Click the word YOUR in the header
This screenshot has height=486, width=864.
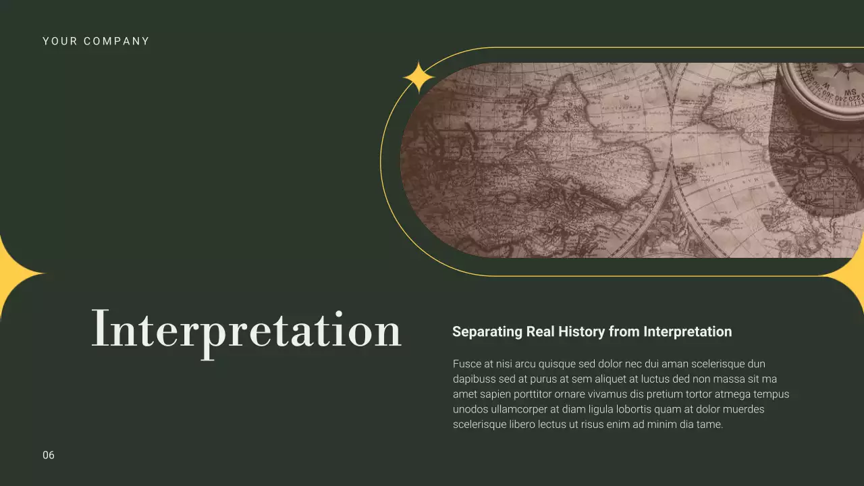coord(57,41)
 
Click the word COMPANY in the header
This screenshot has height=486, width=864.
coord(116,41)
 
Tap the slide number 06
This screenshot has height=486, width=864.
coord(49,455)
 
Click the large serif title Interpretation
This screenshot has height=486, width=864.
coord(246,329)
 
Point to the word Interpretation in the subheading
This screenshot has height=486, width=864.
coord(687,332)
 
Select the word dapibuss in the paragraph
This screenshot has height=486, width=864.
coord(475,379)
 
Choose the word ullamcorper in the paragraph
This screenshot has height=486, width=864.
coord(516,409)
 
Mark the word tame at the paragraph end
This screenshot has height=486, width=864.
coord(709,425)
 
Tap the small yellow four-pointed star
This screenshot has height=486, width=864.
coord(418,77)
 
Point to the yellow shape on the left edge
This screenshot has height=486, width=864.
coord(13,276)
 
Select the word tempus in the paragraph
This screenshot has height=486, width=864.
coord(771,394)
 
